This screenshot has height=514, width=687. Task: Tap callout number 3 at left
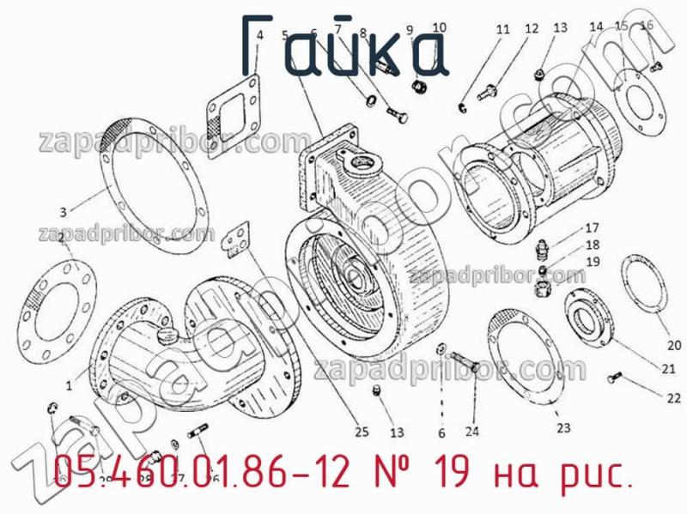(63, 211)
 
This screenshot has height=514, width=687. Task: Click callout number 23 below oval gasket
(562, 426)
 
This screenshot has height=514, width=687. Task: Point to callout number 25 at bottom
(362, 432)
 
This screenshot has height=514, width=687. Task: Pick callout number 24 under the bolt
(472, 432)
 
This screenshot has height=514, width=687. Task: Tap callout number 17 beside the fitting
(593, 229)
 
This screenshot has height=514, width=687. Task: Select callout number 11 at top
(502, 30)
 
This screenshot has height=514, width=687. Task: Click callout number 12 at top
(531, 29)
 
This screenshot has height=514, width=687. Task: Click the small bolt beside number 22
(612, 376)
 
